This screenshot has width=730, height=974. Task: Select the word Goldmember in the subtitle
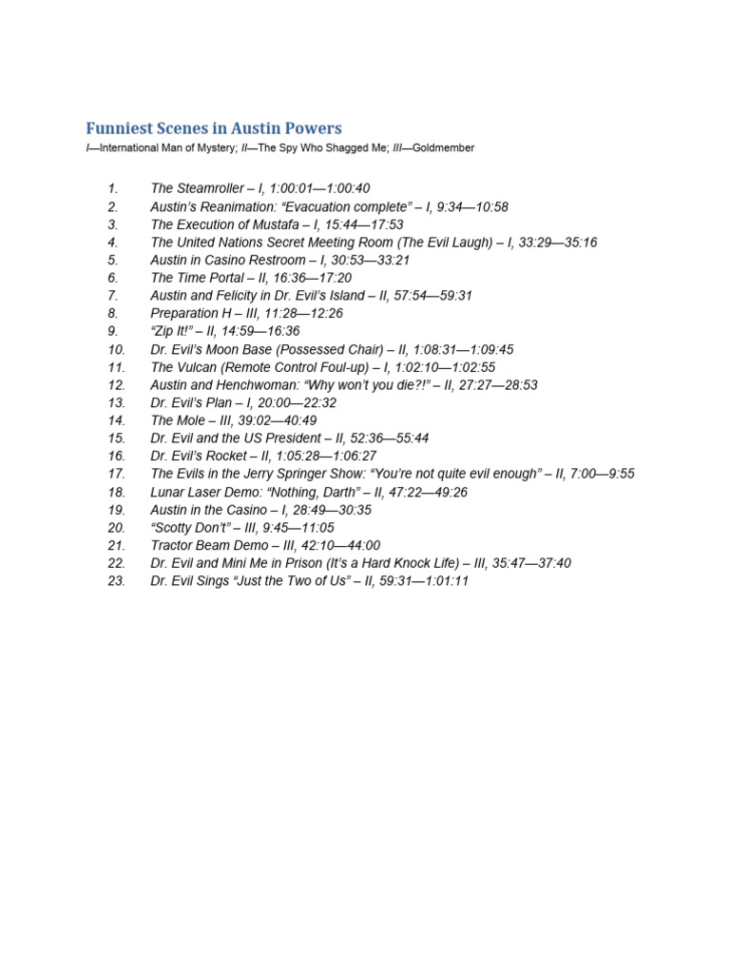point(442,148)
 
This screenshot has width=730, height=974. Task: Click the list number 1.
point(111,188)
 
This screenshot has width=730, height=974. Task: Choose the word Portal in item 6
point(222,278)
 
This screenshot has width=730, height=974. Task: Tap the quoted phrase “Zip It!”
point(173,331)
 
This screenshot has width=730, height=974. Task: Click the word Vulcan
point(199,367)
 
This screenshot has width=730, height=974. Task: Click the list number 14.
point(116,420)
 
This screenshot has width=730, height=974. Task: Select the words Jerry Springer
point(283,474)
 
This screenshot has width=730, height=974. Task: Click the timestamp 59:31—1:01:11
point(417,581)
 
